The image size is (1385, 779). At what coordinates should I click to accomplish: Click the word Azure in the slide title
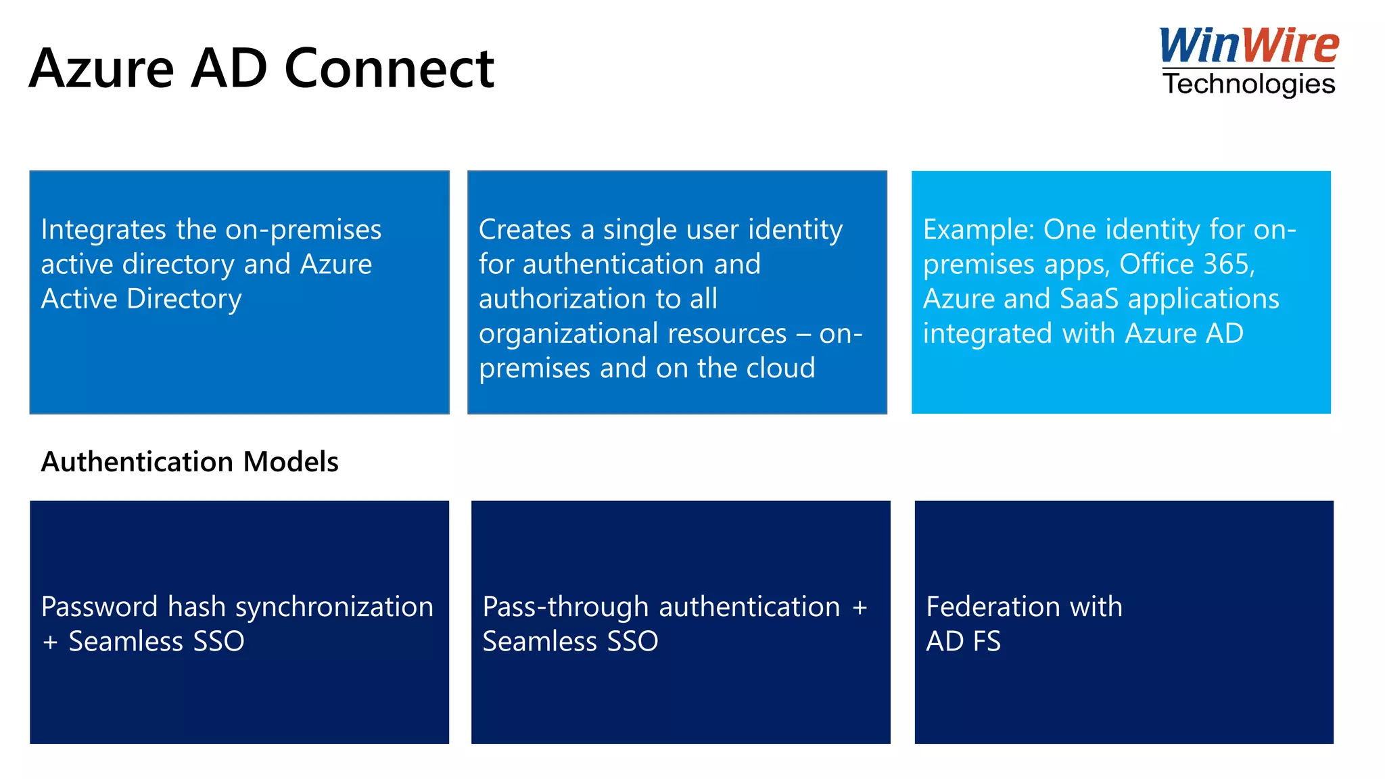(x=101, y=69)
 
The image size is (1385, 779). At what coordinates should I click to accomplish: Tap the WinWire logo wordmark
(x=1248, y=46)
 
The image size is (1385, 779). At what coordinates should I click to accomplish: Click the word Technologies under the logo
(x=1248, y=85)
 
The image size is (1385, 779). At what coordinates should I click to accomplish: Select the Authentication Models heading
(x=189, y=462)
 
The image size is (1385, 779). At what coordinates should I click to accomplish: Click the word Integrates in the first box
(x=103, y=230)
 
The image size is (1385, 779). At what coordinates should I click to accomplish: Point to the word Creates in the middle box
(x=524, y=230)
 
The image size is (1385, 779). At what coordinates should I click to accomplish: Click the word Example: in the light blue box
(x=979, y=230)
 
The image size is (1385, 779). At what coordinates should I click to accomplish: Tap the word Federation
(x=993, y=607)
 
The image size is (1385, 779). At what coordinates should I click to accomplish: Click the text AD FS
(x=963, y=642)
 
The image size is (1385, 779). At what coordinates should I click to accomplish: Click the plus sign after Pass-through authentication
(x=860, y=607)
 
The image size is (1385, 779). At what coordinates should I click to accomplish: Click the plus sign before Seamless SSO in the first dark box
(x=50, y=642)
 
